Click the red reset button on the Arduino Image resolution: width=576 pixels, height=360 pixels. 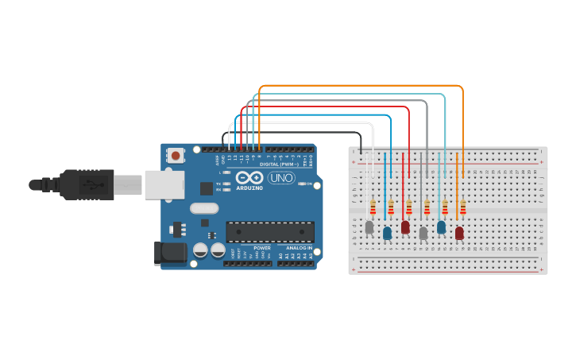coord(175,156)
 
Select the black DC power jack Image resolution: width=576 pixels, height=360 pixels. coord(170,254)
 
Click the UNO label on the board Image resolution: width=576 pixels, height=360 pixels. coord(280,178)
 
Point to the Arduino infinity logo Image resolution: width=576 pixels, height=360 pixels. coord(249,178)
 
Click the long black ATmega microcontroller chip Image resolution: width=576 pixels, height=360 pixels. coord(269,231)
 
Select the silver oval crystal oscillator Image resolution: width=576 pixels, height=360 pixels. coord(203,208)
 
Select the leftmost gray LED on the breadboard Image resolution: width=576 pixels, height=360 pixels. coord(369,228)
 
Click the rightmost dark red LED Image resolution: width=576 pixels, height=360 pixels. coord(459,233)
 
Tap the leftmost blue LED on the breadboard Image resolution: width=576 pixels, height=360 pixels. coord(387,233)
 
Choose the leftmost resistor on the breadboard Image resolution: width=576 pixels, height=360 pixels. coord(373,207)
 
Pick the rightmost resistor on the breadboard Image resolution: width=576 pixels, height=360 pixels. coord(463,207)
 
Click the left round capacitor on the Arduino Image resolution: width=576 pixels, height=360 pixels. coord(199,250)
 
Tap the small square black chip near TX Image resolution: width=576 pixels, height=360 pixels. coord(207,188)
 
